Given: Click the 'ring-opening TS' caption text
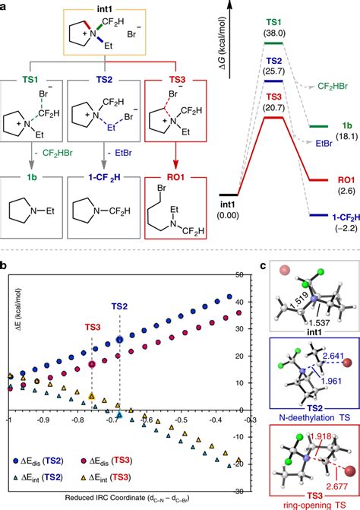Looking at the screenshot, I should [314, 503].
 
